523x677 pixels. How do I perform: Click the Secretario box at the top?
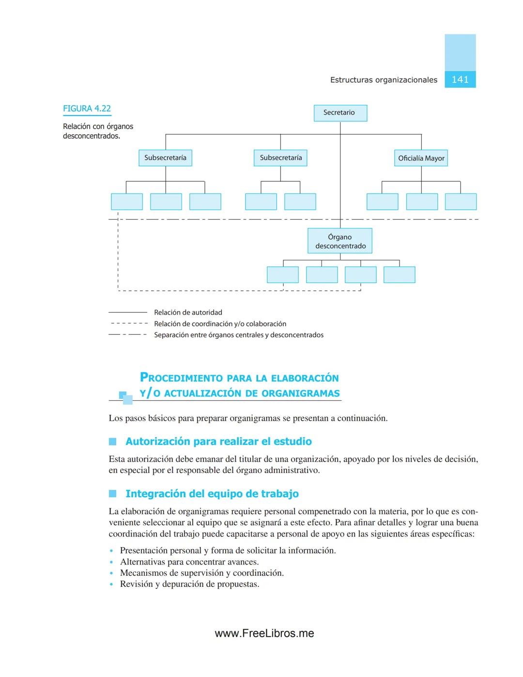(x=340, y=113)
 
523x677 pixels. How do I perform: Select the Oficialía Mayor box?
(x=421, y=158)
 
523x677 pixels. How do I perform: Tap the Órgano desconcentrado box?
(x=340, y=241)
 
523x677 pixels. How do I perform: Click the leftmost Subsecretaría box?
(x=165, y=158)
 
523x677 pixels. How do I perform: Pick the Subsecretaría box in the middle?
(x=280, y=158)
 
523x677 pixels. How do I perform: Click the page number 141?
(x=460, y=79)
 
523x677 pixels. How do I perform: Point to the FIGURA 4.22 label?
(x=87, y=109)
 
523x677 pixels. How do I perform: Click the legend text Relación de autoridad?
(x=188, y=313)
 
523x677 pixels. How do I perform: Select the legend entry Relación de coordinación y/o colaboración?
(x=220, y=324)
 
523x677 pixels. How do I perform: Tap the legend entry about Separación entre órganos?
(x=238, y=335)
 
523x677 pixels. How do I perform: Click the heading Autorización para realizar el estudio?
(x=218, y=441)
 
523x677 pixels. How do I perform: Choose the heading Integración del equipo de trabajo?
(x=212, y=494)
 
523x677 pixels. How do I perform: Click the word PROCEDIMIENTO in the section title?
(x=181, y=378)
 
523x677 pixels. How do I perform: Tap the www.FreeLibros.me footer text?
(x=264, y=633)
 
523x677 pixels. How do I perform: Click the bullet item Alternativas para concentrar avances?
(x=189, y=562)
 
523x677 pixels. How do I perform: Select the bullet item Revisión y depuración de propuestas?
(x=189, y=584)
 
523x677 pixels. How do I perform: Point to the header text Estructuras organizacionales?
(x=384, y=80)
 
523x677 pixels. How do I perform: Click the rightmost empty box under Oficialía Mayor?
(x=461, y=202)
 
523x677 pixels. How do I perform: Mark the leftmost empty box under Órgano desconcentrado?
(x=283, y=275)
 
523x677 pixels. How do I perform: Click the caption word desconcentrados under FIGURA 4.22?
(x=91, y=136)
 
